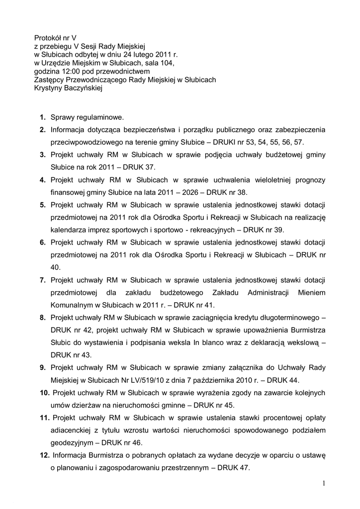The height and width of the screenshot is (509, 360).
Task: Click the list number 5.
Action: click(43, 204)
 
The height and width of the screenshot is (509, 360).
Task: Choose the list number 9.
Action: click(43, 368)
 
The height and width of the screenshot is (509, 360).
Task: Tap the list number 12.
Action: click(44, 455)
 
